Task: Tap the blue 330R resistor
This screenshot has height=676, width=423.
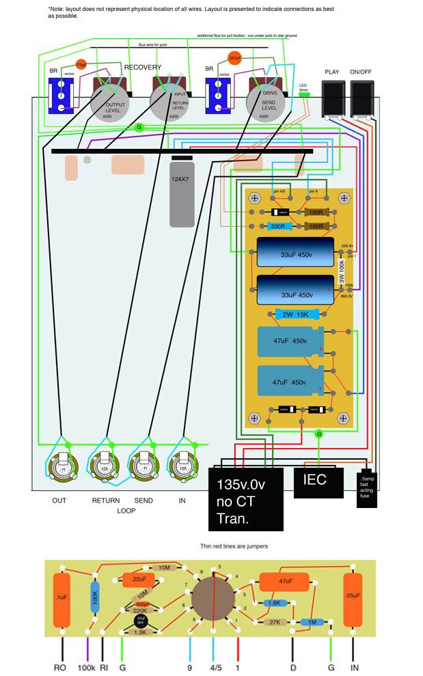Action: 277,226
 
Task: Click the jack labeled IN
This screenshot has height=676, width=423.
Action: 182,469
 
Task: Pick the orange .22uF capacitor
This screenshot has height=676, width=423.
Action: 139,580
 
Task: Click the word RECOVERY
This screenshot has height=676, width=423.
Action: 143,68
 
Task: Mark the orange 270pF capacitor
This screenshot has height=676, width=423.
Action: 81,66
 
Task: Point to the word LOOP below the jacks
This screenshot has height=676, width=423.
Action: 125,510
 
